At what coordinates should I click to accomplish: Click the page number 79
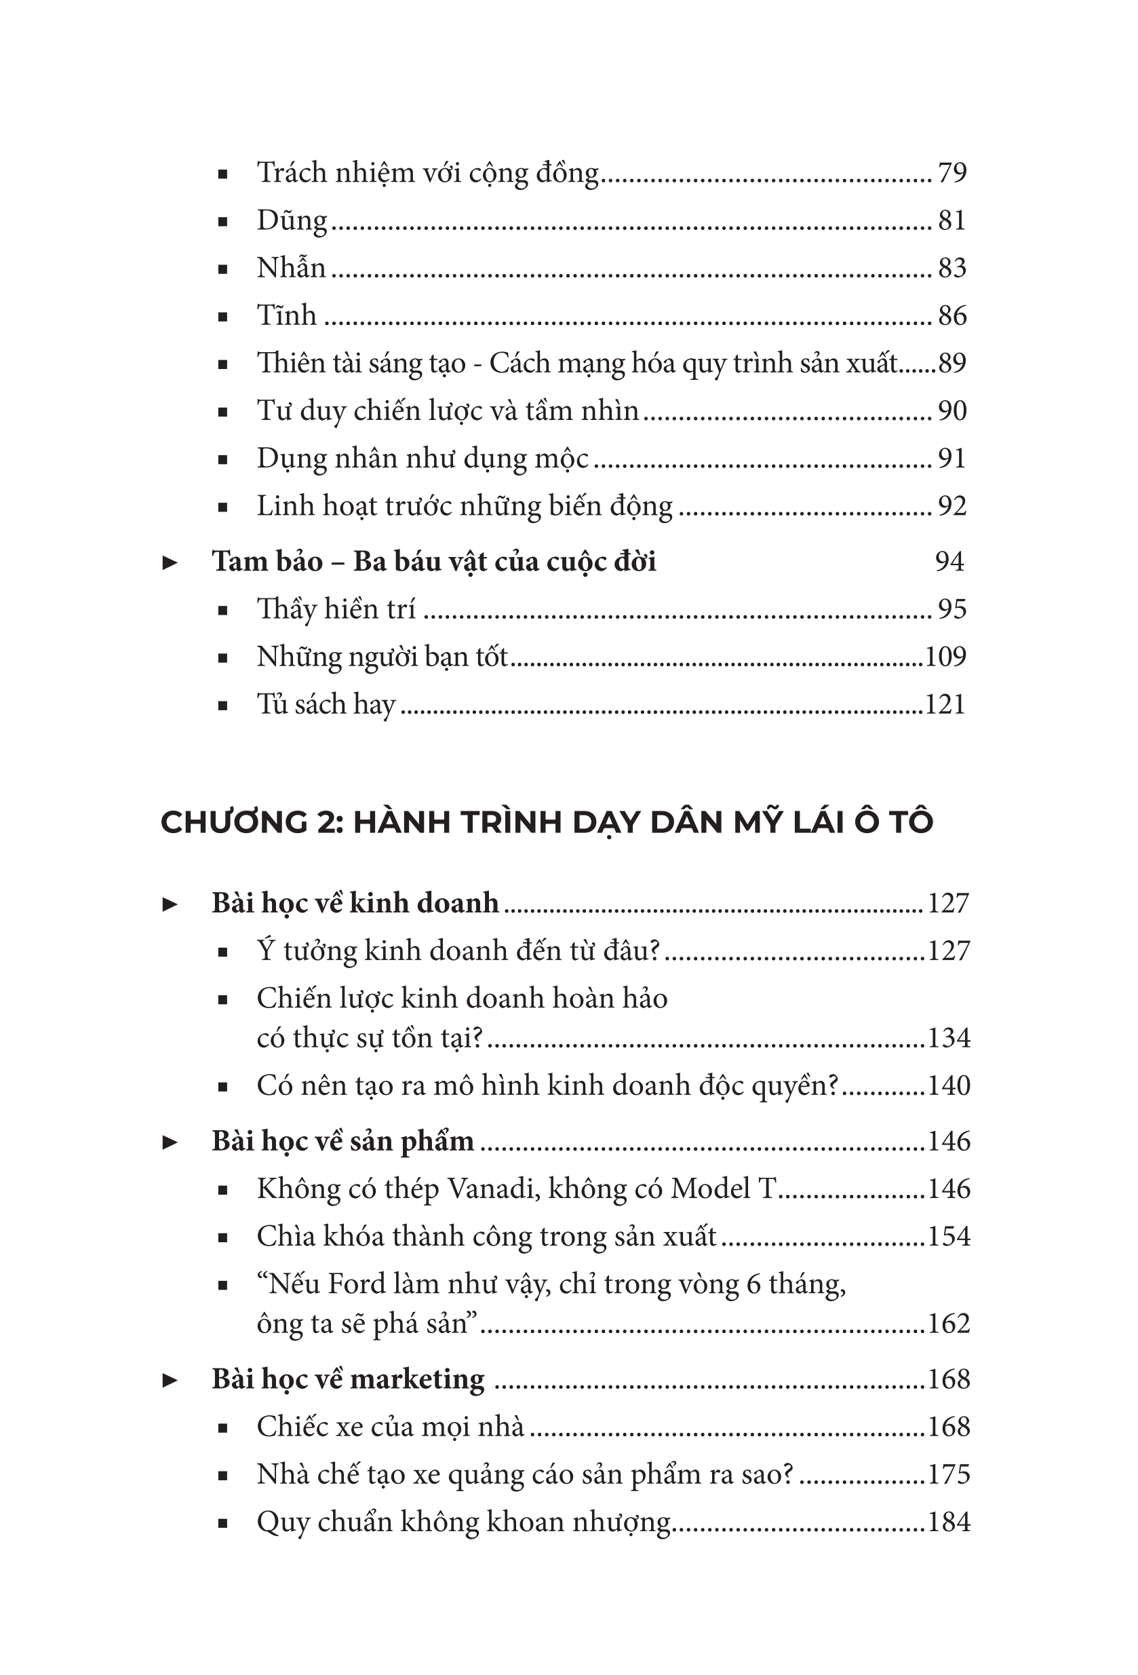coord(951,173)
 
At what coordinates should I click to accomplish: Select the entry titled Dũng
coord(292,220)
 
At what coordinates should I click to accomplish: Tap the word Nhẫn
coord(291,268)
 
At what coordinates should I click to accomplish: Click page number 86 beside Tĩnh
coord(951,315)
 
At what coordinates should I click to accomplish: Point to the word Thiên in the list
coord(292,363)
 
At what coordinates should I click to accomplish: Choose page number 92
coord(951,506)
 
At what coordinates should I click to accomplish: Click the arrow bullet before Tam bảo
coord(170,563)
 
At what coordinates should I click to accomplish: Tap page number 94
coord(949,562)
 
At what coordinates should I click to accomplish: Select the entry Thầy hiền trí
coord(336,610)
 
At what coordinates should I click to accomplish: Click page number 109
coord(945,657)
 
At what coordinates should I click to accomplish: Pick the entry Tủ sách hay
coord(326,705)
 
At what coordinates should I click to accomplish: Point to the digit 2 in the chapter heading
coord(327,822)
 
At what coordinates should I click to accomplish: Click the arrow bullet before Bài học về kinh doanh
coord(170,904)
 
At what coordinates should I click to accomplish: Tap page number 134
coord(949,1039)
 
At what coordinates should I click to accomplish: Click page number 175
coord(949,1475)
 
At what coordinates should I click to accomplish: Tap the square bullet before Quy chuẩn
coord(222,1524)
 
